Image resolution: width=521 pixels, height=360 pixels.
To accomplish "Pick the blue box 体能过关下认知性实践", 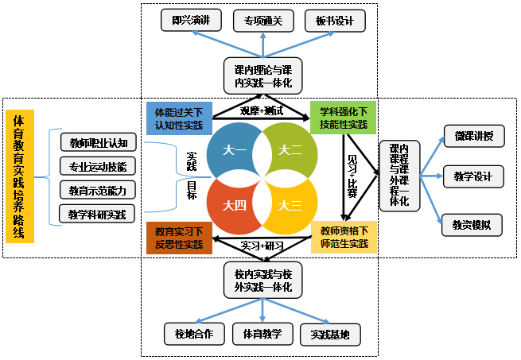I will pos(179,117).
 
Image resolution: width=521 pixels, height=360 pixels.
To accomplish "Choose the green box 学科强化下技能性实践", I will pos(343,117).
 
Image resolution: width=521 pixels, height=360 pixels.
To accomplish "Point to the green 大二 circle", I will pos(290,149).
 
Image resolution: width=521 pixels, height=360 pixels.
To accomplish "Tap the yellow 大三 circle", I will pos(290,205).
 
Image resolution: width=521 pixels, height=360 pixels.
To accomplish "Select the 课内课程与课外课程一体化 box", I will pos(400,176).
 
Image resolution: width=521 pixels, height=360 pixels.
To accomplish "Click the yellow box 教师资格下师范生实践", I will pos(343,237).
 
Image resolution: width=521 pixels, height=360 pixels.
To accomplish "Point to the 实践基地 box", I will pos(330,333).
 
